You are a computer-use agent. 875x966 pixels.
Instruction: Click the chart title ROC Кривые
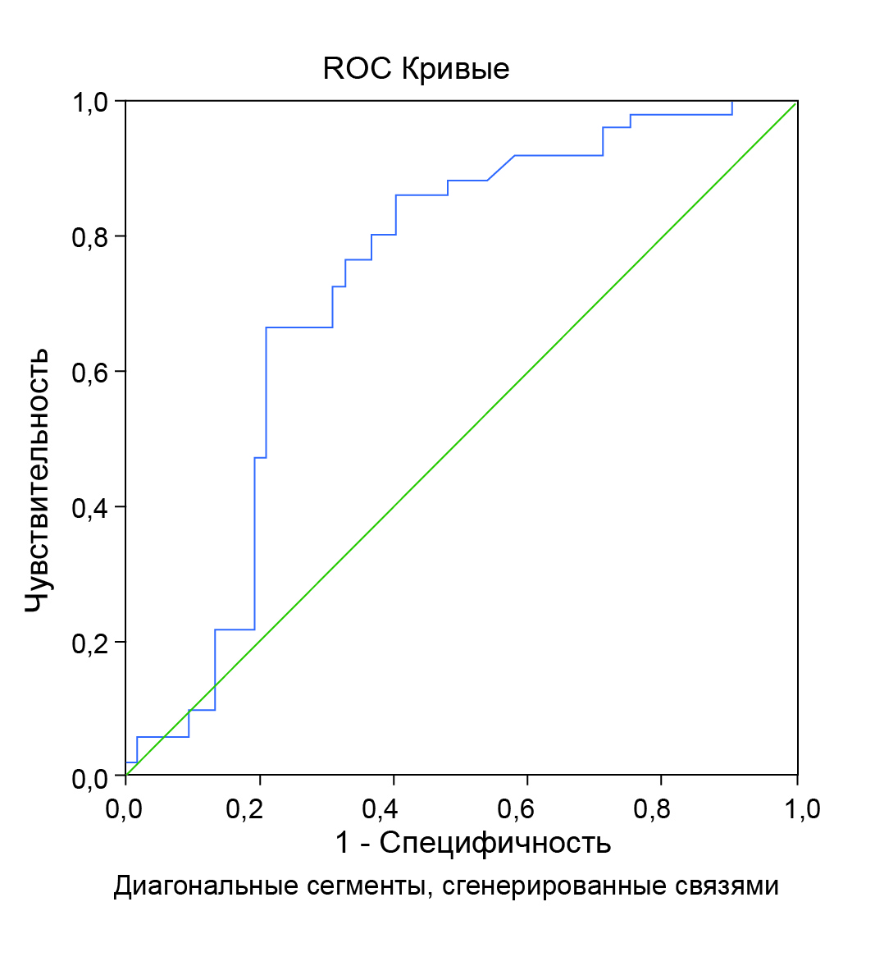(x=416, y=69)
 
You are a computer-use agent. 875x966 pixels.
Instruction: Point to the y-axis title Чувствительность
(x=36, y=480)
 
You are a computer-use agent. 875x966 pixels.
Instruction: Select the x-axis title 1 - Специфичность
(x=473, y=843)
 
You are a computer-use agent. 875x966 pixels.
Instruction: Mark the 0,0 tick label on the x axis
(x=125, y=810)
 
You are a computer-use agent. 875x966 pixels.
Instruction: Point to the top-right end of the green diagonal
(x=796, y=102)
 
